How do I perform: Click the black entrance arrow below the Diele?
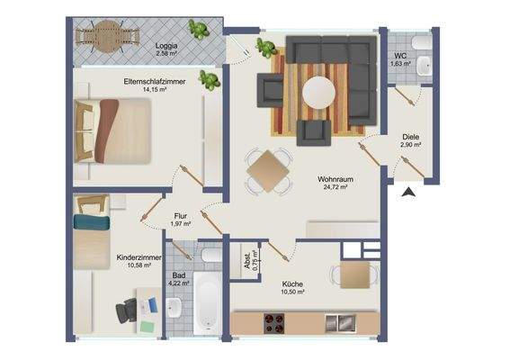click(x=409, y=193)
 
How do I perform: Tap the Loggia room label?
click(x=166, y=46)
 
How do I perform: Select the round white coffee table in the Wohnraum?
click(x=318, y=93)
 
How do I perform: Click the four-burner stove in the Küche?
click(x=273, y=323)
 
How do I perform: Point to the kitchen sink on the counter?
click(x=341, y=323)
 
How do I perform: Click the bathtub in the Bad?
click(x=208, y=303)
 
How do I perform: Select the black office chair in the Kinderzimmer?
click(x=127, y=310)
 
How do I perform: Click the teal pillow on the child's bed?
click(x=92, y=222)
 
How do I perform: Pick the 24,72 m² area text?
click(x=336, y=187)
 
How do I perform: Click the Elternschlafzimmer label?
click(x=155, y=81)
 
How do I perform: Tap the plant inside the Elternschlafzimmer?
click(x=210, y=80)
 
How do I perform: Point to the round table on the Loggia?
click(x=107, y=37)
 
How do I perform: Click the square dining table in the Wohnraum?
click(x=268, y=171)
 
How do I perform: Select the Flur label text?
click(x=180, y=216)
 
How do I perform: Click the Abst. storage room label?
click(x=248, y=261)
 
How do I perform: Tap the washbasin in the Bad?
click(x=174, y=308)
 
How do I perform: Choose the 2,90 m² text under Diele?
click(x=411, y=145)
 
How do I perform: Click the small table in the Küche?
click(x=355, y=274)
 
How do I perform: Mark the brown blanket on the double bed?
click(x=106, y=130)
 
